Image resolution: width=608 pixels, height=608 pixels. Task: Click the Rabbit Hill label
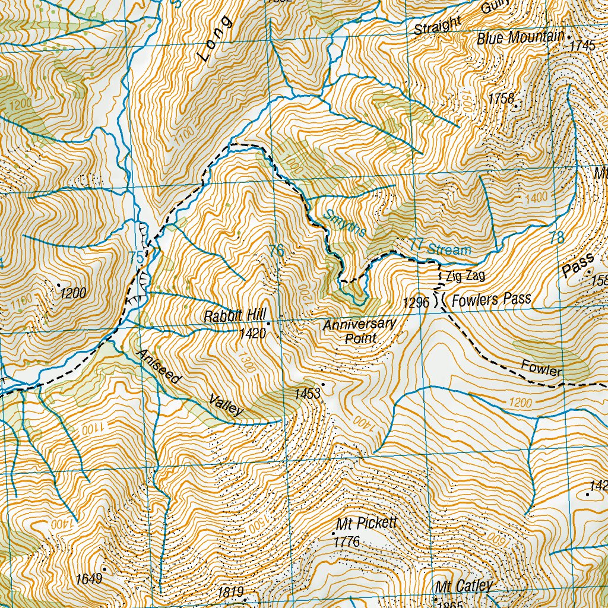(233, 316)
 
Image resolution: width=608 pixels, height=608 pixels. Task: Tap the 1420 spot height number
(251, 334)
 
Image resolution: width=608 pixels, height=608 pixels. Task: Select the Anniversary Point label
(359, 331)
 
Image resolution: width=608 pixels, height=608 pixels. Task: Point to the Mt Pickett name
(366, 525)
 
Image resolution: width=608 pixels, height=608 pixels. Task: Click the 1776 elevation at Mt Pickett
(347, 542)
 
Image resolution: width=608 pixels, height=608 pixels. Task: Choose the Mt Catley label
(463, 587)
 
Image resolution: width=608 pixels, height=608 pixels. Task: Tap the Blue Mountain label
(520, 38)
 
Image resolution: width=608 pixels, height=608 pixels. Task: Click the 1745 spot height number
(582, 46)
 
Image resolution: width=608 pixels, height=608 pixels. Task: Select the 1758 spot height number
(502, 99)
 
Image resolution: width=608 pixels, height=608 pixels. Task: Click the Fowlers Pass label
(491, 300)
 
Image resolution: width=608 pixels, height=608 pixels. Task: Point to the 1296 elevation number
(416, 303)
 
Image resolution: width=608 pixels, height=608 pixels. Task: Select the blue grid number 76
(276, 251)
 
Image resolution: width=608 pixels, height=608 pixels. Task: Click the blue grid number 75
(136, 258)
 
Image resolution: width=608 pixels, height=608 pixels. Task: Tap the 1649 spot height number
(90, 578)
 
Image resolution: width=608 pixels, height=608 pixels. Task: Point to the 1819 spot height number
(231, 592)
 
